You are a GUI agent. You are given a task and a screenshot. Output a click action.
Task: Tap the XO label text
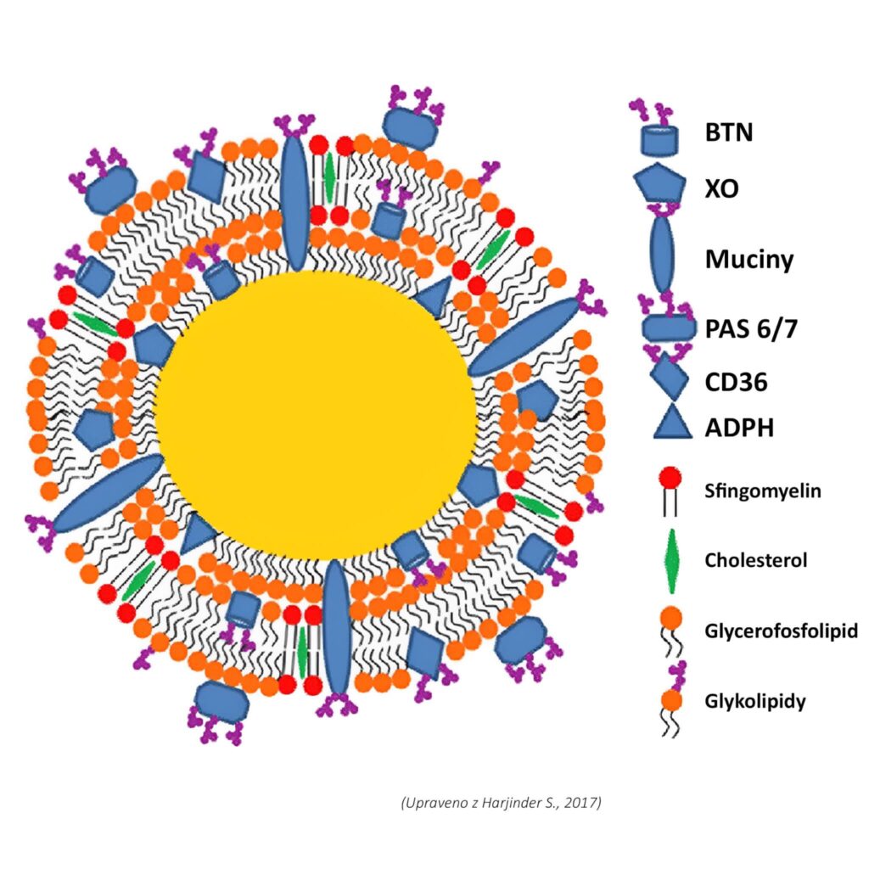(721, 188)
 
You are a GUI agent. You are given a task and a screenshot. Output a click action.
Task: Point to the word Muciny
(749, 259)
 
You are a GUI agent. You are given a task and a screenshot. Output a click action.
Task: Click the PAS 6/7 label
(751, 329)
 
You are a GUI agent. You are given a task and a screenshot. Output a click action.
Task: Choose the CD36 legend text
(736, 382)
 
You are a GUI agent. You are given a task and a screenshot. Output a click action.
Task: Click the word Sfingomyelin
(762, 491)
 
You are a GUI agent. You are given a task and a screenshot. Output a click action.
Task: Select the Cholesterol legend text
(755, 560)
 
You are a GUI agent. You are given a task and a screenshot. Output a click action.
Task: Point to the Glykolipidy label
(754, 701)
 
